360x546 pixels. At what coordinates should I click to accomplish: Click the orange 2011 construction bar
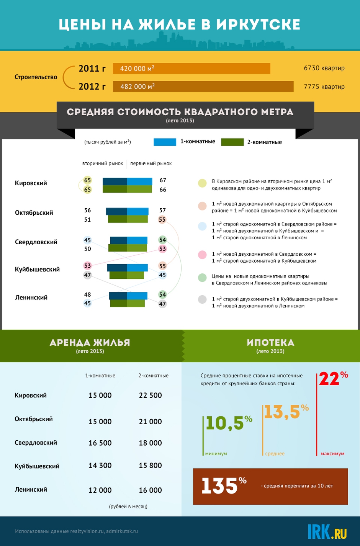pos(191,69)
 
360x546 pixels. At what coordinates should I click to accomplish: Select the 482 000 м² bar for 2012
pos(203,87)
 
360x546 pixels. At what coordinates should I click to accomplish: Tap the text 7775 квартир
pos(324,87)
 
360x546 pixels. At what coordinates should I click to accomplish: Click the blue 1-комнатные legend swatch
pos(165,142)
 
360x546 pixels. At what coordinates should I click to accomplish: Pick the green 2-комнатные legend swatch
pos(232,142)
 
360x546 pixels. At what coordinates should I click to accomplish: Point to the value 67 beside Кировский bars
pos(163,180)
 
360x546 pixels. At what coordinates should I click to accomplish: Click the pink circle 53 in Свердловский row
pos(162,249)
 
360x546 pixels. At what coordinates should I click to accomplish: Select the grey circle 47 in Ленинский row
pos(162,304)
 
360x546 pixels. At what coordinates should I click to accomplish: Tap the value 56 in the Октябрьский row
pos(87,210)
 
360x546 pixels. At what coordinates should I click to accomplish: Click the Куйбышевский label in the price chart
pos(37,269)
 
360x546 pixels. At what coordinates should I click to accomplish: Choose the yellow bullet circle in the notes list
pos(202,183)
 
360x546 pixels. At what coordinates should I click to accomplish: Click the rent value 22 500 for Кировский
pos(151,396)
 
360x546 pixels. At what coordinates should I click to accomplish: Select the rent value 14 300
pos(100,466)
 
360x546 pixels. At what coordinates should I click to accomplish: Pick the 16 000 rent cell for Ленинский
pos(151,490)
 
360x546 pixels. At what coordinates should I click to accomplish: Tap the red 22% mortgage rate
pos(334,378)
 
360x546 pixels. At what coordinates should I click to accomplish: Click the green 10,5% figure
pos(229,423)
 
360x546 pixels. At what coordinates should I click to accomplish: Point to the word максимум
pos(332,454)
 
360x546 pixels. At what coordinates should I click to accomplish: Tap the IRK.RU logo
pos(327,531)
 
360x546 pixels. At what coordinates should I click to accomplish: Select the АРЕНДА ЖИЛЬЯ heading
pos(90,343)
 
